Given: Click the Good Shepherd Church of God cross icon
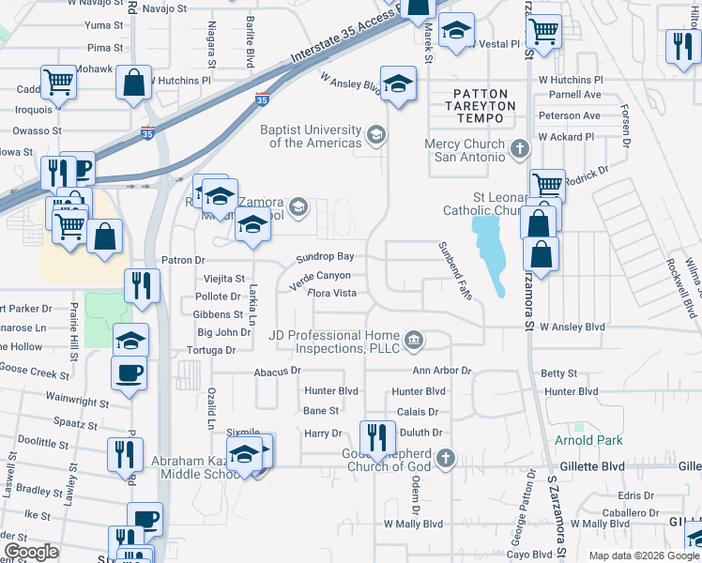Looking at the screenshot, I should [x=446, y=458].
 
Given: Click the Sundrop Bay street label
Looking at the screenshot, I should [x=325, y=256].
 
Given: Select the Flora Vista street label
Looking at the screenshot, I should [x=332, y=294].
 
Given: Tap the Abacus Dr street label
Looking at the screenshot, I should [x=277, y=371].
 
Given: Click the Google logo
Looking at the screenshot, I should [x=31, y=552].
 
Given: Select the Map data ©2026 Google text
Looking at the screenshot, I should [x=643, y=555].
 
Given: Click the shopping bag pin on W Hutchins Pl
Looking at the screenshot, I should [x=134, y=83].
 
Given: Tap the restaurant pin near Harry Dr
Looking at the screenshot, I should [x=374, y=437].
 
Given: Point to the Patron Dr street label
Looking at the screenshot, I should [x=183, y=260].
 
